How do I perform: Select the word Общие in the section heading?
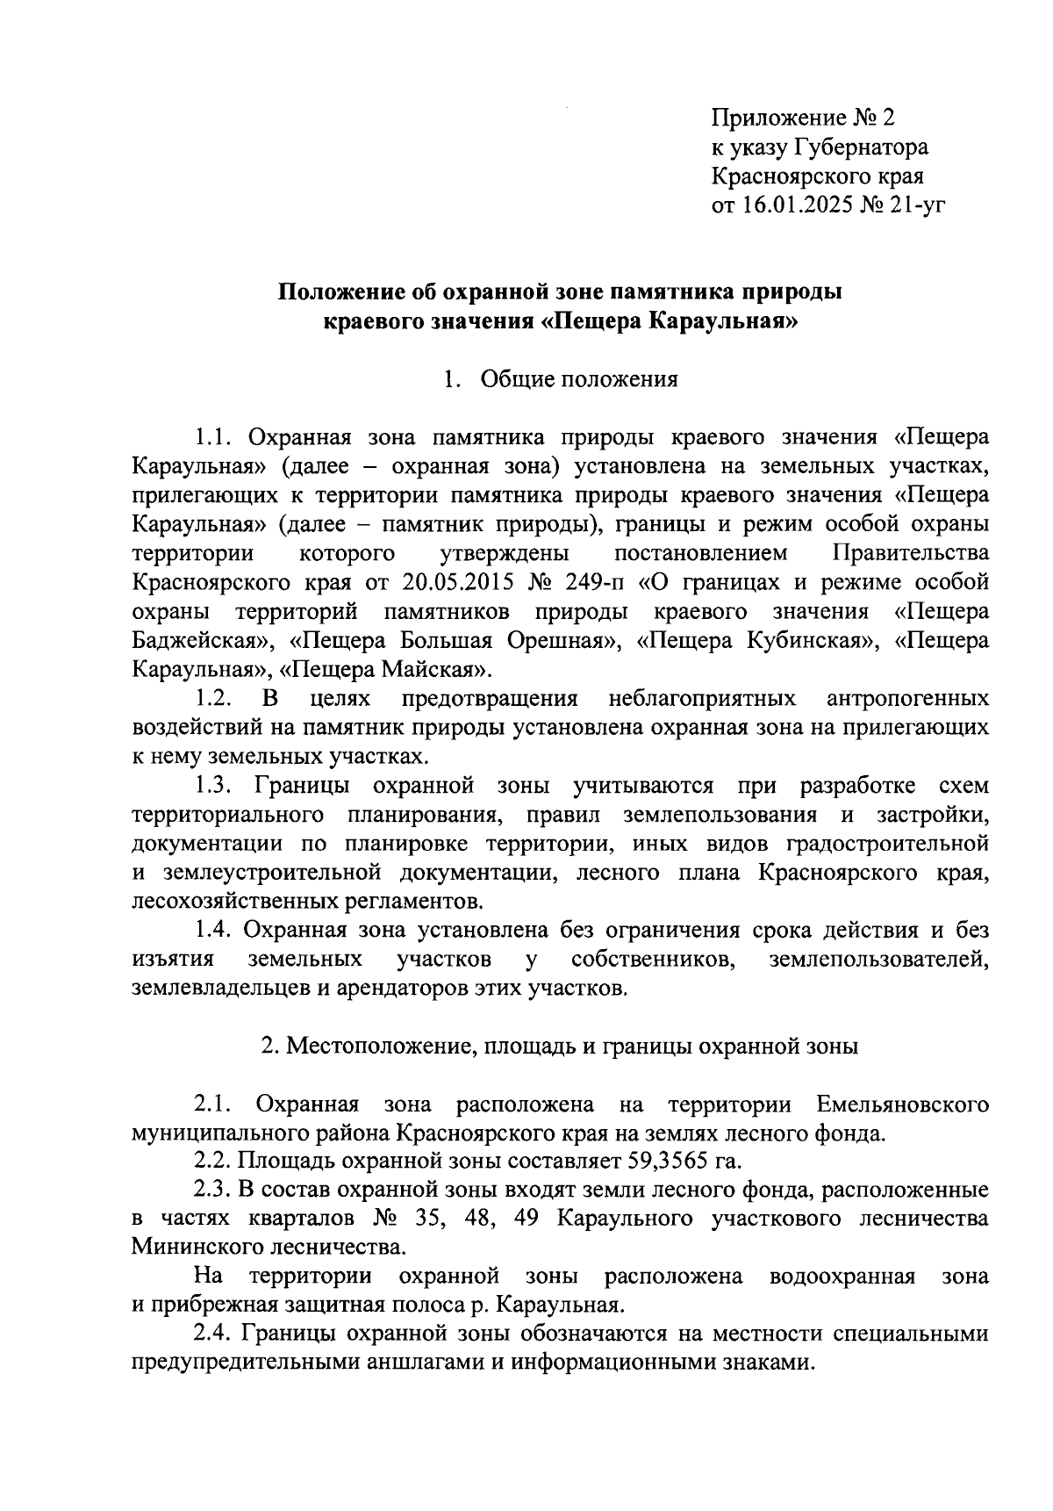(x=515, y=379)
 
